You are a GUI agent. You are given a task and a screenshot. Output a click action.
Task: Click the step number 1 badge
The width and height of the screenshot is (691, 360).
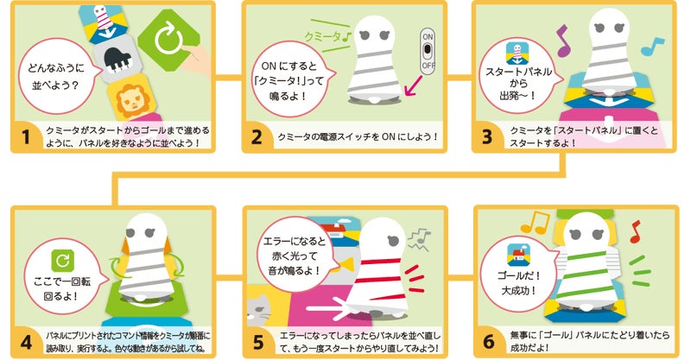[x=26, y=136]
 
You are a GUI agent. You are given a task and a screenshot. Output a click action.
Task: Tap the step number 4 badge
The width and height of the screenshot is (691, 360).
[x=26, y=342]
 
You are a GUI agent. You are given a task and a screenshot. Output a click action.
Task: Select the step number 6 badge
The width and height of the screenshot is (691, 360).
[x=489, y=342]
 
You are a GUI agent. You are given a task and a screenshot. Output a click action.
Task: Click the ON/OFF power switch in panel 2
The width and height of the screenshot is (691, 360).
[x=427, y=51]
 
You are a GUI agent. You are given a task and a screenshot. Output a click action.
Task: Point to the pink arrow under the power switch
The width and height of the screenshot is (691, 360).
[x=414, y=85]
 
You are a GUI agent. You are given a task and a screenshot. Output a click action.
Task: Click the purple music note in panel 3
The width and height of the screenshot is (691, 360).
[x=562, y=41]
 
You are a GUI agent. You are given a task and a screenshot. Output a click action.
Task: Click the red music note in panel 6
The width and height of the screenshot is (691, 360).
[x=635, y=231]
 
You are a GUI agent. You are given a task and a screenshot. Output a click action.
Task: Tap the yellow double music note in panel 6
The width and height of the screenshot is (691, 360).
[x=535, y=223]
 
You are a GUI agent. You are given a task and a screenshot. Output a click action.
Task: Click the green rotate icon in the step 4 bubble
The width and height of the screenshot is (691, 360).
[x=62, y=261]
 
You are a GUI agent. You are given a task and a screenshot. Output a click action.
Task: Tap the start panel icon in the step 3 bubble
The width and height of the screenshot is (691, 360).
[x=517, y=54]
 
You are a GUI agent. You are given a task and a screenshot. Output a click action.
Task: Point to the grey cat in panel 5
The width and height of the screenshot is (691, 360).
[x=261, y=308]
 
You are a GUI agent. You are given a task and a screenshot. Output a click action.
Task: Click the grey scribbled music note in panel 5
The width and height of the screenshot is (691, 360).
[x=419, y=239]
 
